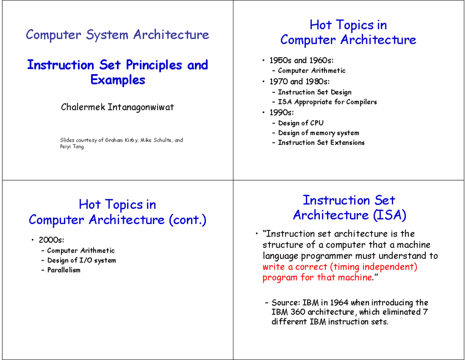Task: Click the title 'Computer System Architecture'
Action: point(117,35)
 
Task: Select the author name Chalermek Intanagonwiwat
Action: point(117,107)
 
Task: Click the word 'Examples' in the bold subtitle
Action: point(117,80)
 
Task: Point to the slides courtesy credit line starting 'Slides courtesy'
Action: point(121,140)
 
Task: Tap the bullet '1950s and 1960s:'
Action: point(300,60)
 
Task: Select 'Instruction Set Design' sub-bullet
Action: point(315,92)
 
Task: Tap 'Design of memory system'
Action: point(318,133)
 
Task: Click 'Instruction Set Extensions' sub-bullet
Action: point(321,143)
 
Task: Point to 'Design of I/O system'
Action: point(82,260)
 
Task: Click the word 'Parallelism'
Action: point(64,270)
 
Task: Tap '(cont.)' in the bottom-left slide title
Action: point(188,220)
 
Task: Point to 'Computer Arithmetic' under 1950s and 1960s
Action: point(311,71)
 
